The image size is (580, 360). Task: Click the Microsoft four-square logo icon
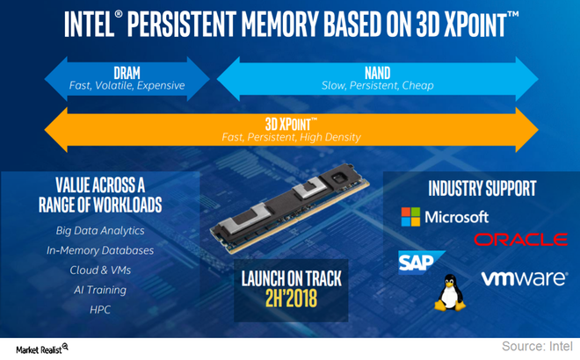pyautogui.click(x=410, y=217)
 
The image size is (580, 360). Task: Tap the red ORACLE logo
pyautogui.click(x=520, y=239)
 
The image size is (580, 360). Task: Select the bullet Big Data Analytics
pyautogui.click(x=98, y=231)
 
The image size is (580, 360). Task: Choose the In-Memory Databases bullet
pyautogui.click(x=99, y=250)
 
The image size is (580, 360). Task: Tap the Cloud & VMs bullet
pyautogui.click(x=98, y=270)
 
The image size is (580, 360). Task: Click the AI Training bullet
pyautogui.click(x=98, y=289)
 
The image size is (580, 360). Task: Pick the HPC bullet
pyautogui.click(x=98, y=308)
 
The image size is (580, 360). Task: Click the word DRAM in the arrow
pyautogui.click(x=127, y=72)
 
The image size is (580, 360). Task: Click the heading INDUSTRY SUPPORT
pyautogui.click(x=482, y=188)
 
